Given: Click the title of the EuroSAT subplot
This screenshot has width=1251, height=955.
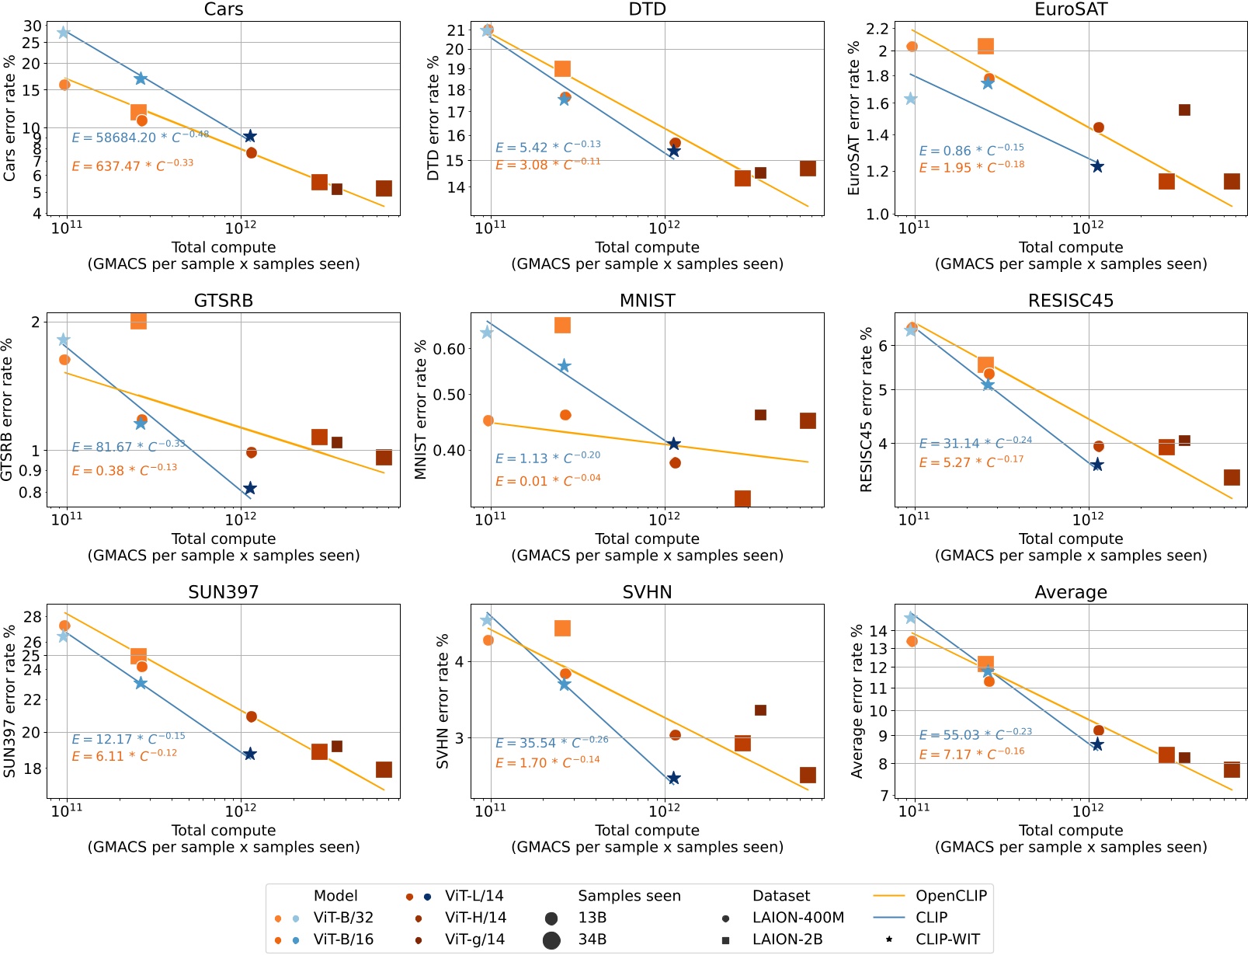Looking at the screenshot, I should tap(1070, 9).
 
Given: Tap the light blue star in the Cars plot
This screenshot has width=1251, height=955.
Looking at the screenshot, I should tap(64, 33).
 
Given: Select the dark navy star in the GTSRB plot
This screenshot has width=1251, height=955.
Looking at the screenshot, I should tap(249, 489).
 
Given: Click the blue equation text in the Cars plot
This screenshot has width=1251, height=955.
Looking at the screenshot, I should tap(140, 137).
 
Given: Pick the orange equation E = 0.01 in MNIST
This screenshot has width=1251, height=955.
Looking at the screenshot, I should tap(547, 480).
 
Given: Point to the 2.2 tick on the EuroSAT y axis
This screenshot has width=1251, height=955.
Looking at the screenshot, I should tap(877, 29).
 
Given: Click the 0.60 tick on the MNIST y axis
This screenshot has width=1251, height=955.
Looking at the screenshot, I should tap(449, 349).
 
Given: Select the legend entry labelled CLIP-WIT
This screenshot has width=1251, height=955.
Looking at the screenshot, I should tap(947, 939).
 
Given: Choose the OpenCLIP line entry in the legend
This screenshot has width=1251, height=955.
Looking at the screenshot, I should tap(950, 895).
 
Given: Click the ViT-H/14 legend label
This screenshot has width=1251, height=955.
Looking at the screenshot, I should tap(475, 917).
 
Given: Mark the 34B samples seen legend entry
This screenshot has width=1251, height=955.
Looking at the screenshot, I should tap(592, 939).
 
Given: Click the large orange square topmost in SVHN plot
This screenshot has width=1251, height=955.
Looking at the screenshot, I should tap(562, 628).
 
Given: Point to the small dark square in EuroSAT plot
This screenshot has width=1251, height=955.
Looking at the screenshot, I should tap(1184, 110).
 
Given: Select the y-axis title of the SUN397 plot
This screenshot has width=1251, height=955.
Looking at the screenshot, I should tap(9, 701).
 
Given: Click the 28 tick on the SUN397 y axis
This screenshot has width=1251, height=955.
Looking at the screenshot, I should tap(32, 617).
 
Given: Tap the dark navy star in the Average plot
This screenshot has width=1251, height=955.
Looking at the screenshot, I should tap(1096, 744).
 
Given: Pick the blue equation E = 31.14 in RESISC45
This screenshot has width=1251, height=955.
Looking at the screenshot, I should tap(975, 443).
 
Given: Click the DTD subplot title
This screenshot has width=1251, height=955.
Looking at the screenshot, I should tap(647, 9).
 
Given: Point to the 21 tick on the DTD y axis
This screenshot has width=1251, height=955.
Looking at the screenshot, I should tap(455, 30).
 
